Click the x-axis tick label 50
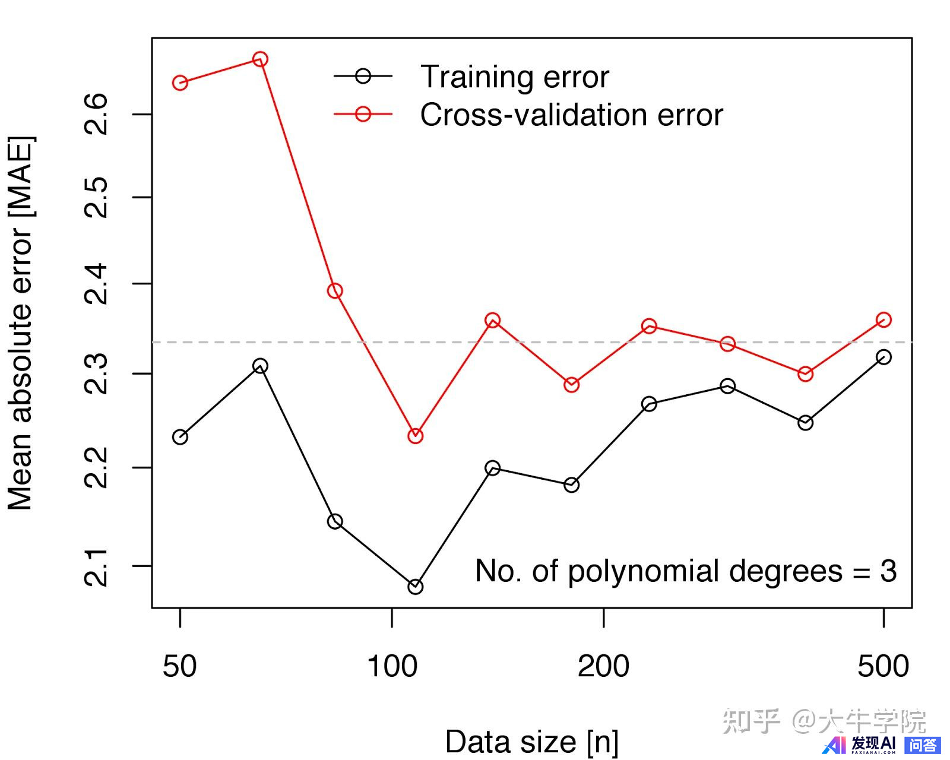point(179,666)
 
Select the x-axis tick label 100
point(392,666)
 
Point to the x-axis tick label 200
point(603,666)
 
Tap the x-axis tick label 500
point(883,666)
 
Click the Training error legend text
point(514,77)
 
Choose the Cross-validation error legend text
point(571,115)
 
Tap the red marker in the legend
point(363,114)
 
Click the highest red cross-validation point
point(260,59)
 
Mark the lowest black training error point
point(416,587)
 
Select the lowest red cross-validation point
point(416,436)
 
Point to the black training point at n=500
point(883,357)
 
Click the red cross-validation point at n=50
point(180,83)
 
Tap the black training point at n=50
point(180,437)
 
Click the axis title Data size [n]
point(531,742)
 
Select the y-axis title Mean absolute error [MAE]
point(20,324)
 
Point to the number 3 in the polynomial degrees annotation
point(888,571)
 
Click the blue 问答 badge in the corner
point(922,745)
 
